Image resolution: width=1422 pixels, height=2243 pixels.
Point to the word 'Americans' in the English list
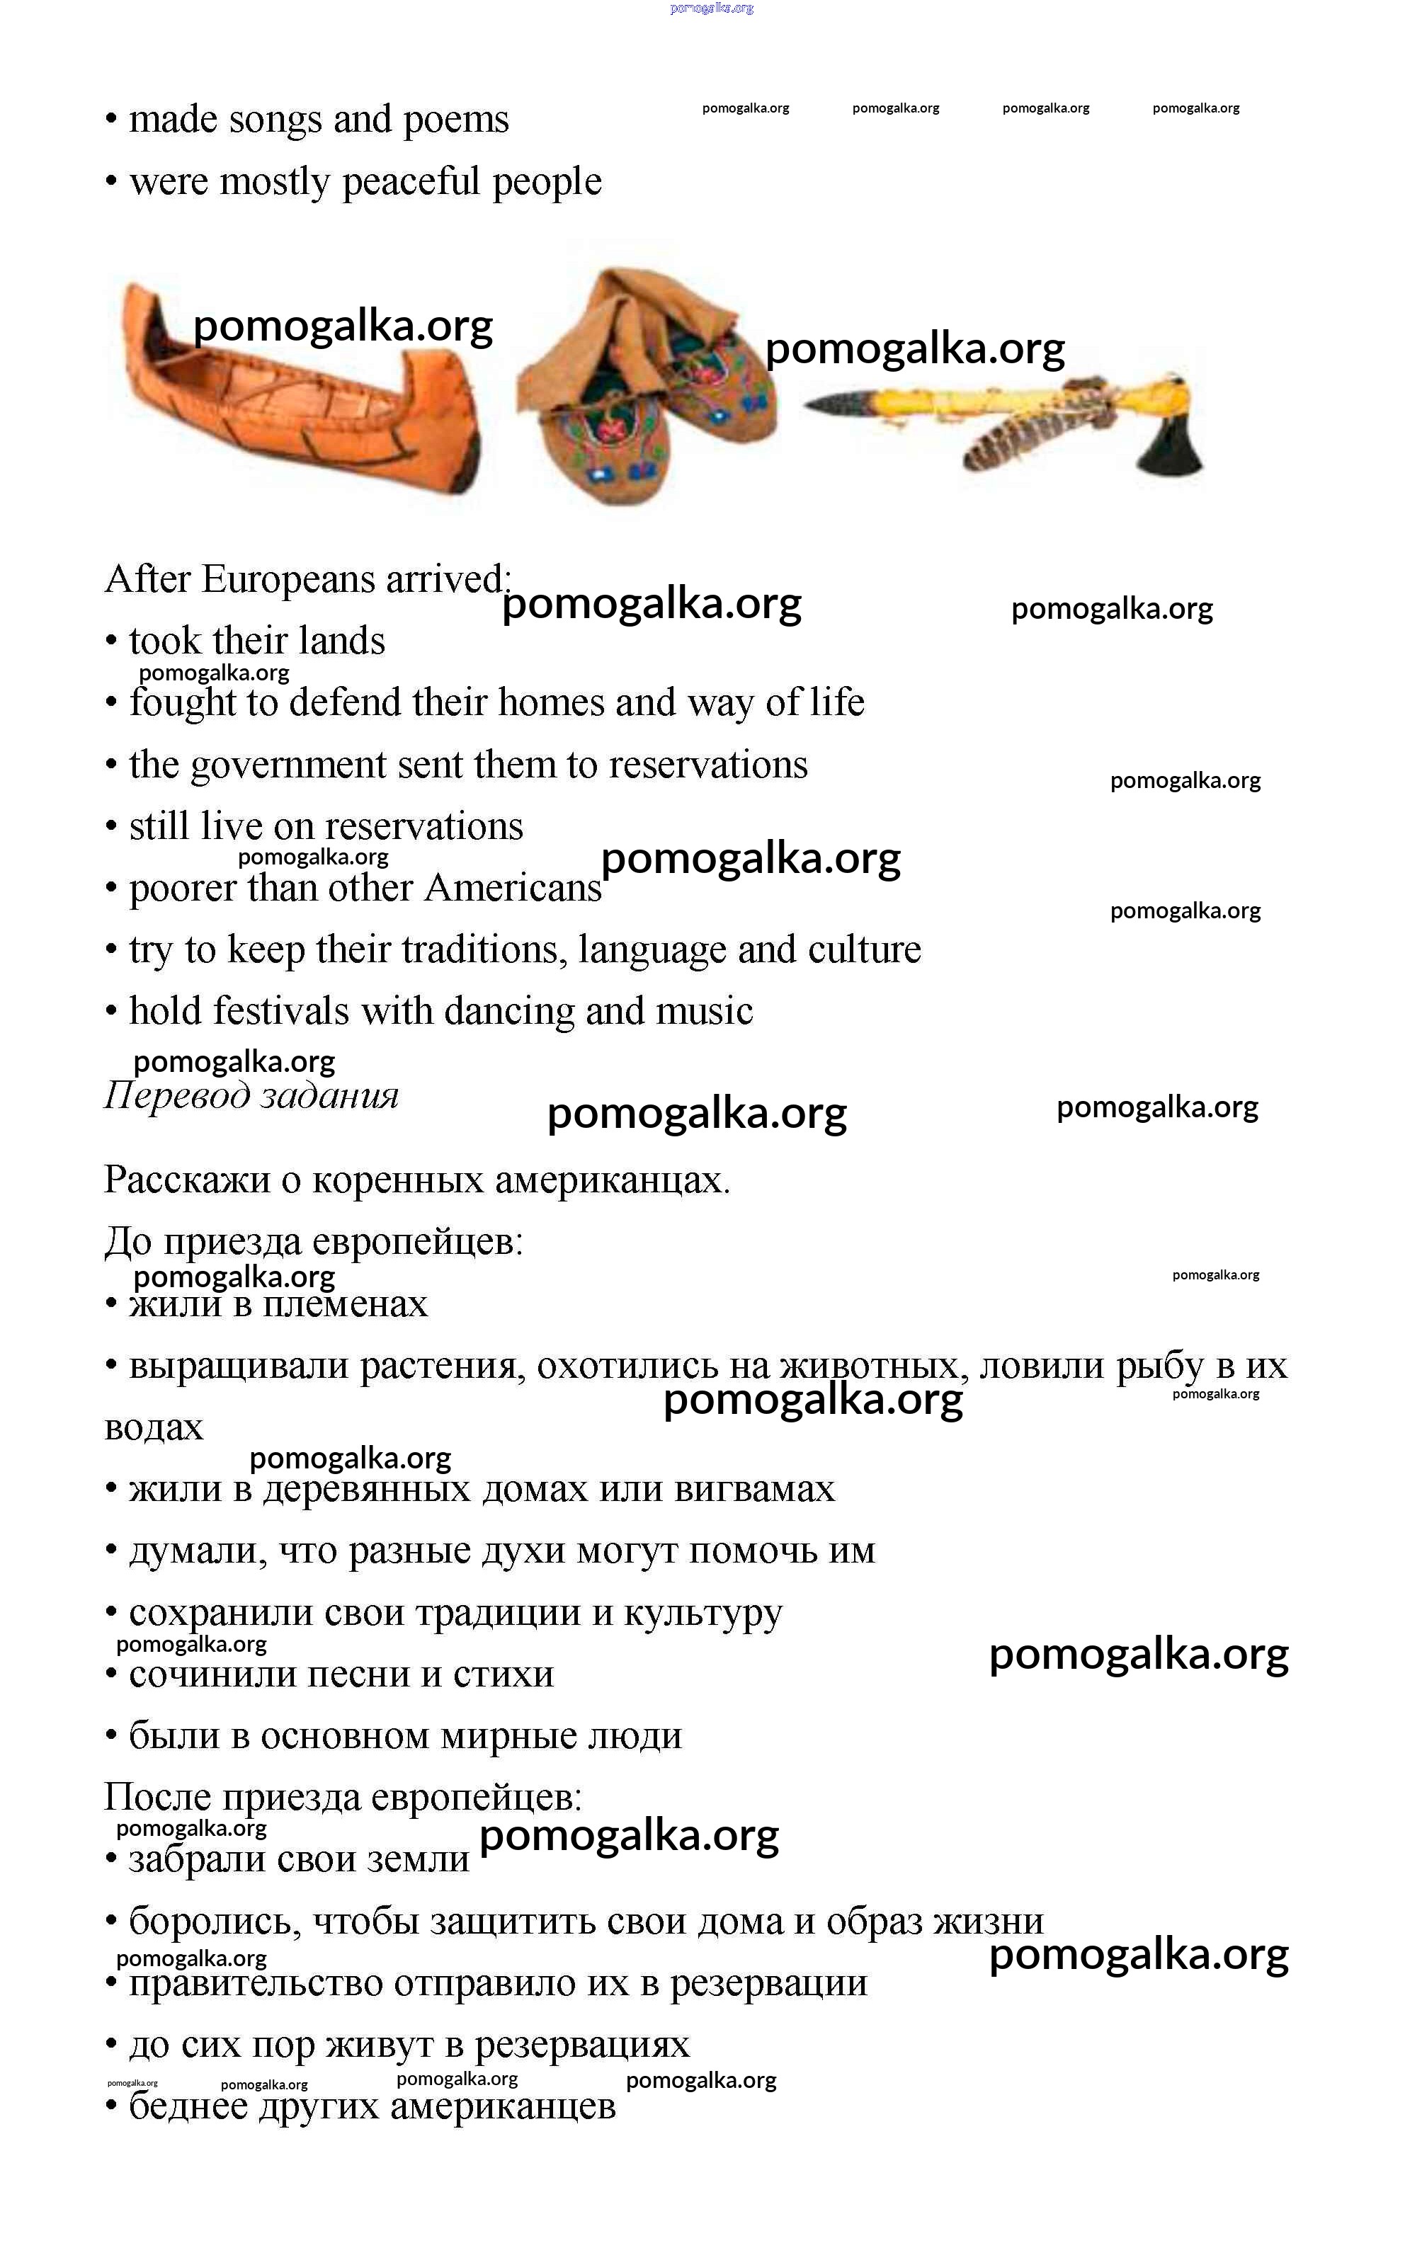point(513,889)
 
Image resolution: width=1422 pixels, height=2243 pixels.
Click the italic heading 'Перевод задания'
point(251,1095)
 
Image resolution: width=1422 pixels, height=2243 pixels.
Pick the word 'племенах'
point(346,1304)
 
